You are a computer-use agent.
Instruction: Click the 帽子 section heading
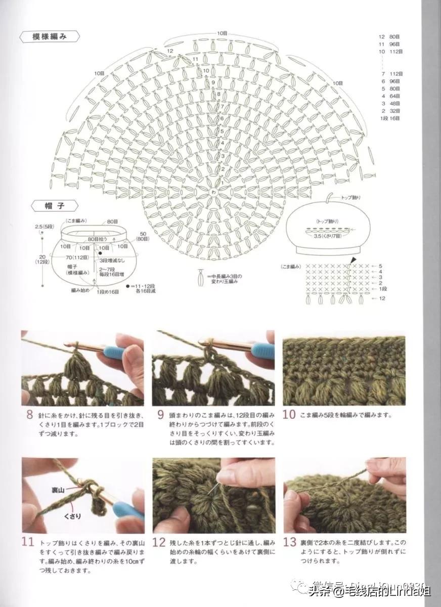(55, 206)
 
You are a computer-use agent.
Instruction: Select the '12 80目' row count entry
(389, 37)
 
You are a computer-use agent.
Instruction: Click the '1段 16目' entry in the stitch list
(389, 118)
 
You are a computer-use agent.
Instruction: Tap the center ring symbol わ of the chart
(213, 193)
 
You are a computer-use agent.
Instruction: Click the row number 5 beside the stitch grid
(380, 266)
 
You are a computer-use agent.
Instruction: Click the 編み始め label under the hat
(80, 290)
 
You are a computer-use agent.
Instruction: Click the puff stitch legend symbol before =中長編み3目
(201, 277)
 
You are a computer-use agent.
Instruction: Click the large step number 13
(289, 542)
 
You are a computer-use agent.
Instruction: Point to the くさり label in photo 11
(68, 516)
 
